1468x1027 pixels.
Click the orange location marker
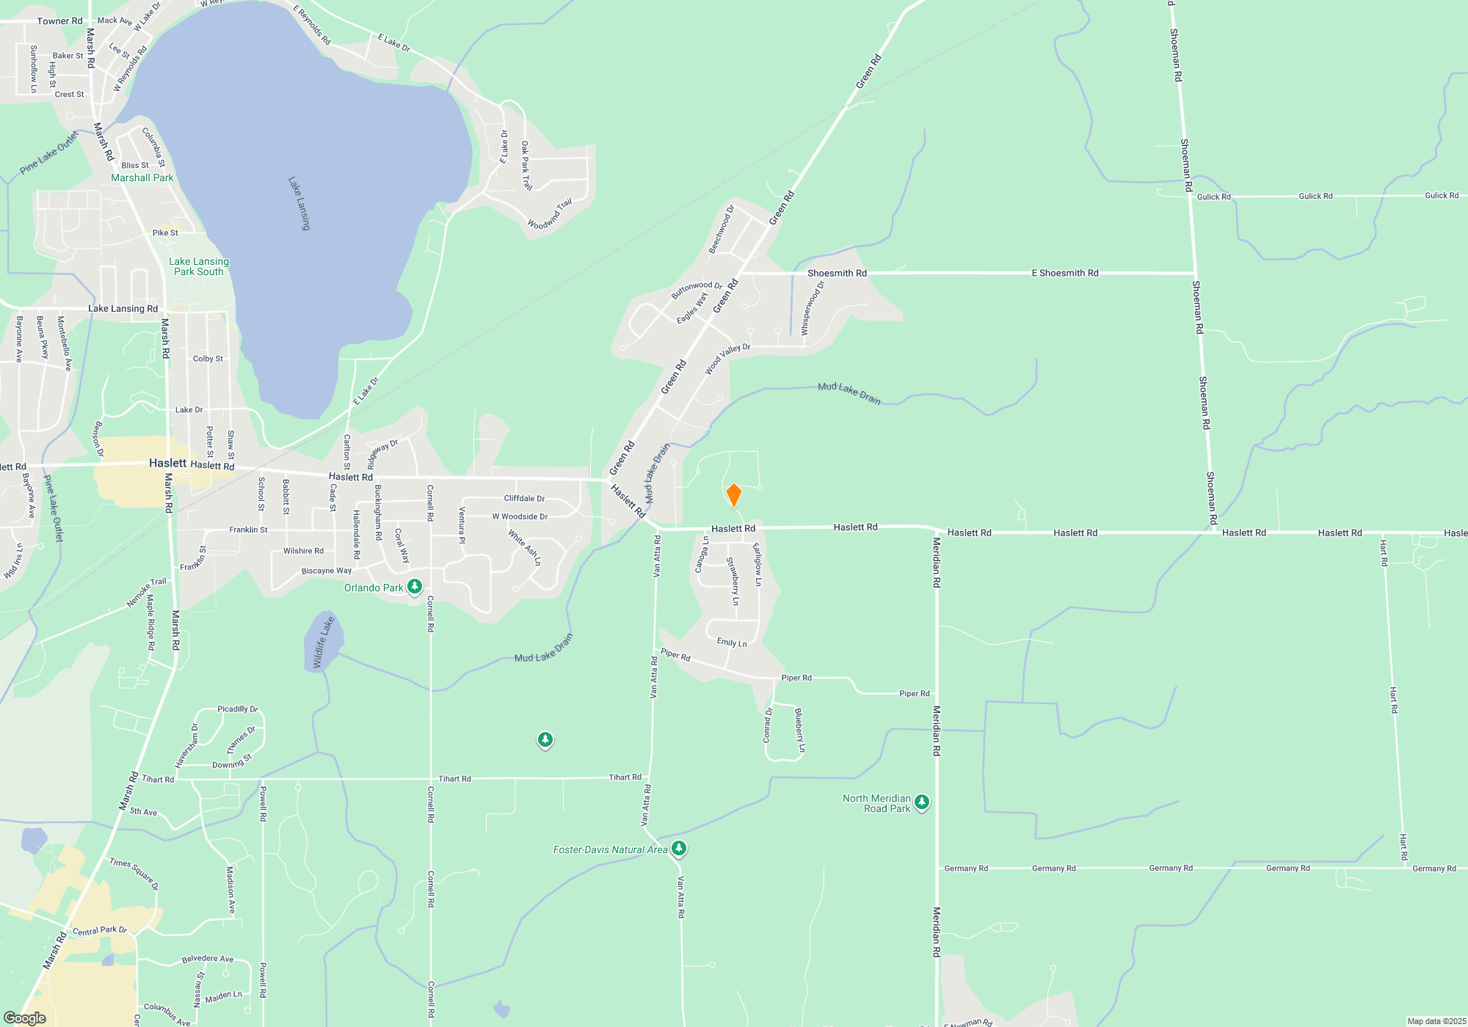(x=733, y=495)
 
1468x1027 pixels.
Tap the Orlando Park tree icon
(x=415, y=586)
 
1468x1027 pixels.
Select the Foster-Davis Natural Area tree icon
(x=679, y=849)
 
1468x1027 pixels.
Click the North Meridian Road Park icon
(x=922, y=803)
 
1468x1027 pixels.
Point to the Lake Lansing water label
(x=299, y=203)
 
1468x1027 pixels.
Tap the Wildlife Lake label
(x=323, y=643)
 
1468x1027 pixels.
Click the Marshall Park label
(x=142, y=178)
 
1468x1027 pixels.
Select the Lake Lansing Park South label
(x=199, y=266)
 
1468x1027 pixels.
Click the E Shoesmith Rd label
(x=1064, y=273)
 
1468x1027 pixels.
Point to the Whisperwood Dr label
(x=813, y=309)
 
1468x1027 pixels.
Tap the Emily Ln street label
(x=732, y=643)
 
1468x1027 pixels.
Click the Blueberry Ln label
(x=799, y=731)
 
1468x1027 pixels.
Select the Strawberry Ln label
(x=733, y=581)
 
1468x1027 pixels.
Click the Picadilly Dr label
(x=237, y=709)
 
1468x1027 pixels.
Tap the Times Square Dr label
(x=134, y=874)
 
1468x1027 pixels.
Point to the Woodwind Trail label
(x=550, y=214)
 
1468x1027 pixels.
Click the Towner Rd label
(x=59, y=21)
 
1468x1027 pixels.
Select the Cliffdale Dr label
(x=524, y=498)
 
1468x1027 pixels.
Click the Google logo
(x=25, y=1018)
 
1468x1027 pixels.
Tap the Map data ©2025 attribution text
(x=1436, y=1021)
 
